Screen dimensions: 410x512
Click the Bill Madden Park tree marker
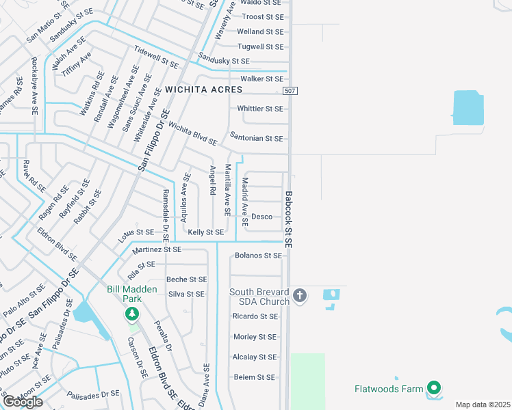point(131,314)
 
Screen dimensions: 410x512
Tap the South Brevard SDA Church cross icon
point(299,296)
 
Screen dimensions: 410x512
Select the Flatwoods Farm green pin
point(433,389)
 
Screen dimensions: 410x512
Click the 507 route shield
point(290,91)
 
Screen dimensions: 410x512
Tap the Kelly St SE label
point(206,232)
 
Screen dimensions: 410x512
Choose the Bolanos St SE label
point(258,256)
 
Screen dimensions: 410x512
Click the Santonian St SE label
point(257,138)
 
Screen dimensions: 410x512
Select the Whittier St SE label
point(259,109)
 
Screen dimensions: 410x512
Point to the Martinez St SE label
point(157,250)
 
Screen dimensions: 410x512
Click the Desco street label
point(262,217)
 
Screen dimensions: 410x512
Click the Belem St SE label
point(254,377)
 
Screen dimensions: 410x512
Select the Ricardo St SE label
point(255,316)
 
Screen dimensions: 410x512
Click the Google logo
point(23,402)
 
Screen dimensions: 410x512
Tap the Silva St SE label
point(186,294)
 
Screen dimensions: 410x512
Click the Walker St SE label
point(257,79)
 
